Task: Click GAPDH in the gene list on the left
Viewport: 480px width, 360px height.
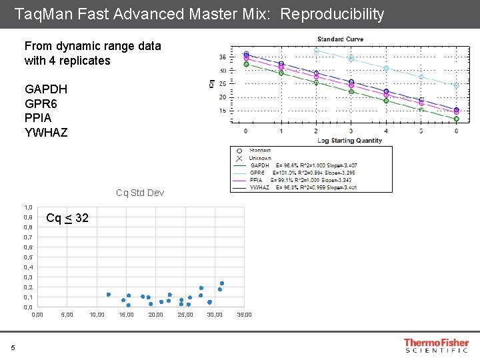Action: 45,89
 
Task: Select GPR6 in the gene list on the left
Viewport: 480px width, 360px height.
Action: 42,104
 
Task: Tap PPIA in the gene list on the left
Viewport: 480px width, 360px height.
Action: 39,118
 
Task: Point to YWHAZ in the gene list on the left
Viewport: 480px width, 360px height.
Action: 46,132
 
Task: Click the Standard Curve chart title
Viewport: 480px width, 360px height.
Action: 340,39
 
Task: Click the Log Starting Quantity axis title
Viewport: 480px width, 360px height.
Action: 350,141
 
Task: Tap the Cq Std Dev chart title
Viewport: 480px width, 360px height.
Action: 139,193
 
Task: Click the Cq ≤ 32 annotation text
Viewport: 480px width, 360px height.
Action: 67,218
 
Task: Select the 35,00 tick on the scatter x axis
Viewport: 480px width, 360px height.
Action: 245,315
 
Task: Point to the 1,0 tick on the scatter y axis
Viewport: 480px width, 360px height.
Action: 28,207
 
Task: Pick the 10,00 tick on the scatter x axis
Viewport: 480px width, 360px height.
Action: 97,315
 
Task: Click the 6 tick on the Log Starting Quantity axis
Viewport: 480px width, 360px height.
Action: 456,131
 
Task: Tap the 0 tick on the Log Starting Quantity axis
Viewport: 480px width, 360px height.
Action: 246,131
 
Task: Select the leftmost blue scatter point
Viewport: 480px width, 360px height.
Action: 109,295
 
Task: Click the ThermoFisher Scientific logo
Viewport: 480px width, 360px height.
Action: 436,345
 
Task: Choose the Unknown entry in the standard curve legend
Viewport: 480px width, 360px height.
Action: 261,158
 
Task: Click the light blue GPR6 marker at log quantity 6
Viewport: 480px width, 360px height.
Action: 456,86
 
